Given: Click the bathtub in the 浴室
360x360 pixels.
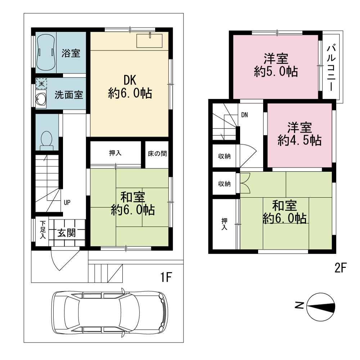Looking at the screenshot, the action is click(46, 52).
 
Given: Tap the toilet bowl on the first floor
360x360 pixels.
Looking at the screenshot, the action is click(46, 140).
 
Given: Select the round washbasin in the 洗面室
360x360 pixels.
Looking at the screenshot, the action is click(41, 99).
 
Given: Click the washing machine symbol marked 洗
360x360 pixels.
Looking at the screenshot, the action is click(41, 84).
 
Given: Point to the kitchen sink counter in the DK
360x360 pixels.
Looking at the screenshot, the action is click(149, 41).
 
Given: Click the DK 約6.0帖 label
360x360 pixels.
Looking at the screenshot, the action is click(130, 87).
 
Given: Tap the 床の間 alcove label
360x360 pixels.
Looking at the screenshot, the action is click(157, 154).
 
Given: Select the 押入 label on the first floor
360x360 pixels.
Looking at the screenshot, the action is click(115, 153).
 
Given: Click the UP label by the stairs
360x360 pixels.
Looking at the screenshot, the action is click(67, 202).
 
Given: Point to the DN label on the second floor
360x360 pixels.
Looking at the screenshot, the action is click(244, 115).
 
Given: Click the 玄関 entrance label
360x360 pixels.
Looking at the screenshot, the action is click(66, 233).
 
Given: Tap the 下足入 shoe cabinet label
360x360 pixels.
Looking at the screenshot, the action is click(43, 230).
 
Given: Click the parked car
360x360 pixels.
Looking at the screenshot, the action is click(110, 313).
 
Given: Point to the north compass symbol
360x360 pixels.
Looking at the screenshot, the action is click(321, 307).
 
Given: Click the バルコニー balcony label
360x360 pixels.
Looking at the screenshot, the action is click(331, 68).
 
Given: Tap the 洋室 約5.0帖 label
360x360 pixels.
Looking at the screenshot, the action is click(276, 65).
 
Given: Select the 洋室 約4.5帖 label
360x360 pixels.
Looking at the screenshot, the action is click(300, 134).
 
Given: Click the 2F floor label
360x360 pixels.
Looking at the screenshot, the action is click(341, 267).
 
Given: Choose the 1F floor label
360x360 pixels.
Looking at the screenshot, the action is click(166, 277).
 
